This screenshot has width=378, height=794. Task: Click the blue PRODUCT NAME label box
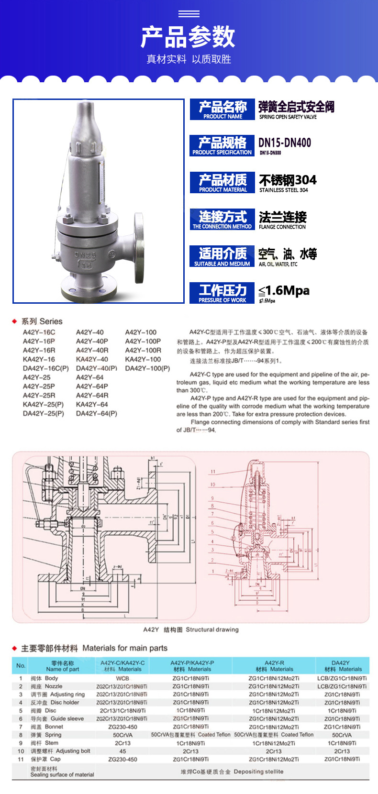tap(222, 110)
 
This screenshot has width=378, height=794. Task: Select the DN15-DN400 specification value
tap(285, 143)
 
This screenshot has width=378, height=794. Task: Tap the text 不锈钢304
tap(288, 180)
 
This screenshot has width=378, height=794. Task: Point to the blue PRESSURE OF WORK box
tap(222, 293)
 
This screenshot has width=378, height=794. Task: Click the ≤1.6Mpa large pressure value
tap(284, 291)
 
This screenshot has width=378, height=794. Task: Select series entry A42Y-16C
tap(39, 332)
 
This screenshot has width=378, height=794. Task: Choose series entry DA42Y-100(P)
tap(147, 368)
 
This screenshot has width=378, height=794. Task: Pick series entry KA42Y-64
tap(92, 404)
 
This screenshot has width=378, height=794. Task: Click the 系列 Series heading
tap(42, 321)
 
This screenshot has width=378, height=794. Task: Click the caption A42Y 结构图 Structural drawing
tap(190, 629)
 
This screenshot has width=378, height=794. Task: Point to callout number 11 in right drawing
tap(213, 472)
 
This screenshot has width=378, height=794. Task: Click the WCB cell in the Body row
tap(122, 678)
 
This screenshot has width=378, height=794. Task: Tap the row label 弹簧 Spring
tap(46, 735)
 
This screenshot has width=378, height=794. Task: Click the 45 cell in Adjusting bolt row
tap(122, 751)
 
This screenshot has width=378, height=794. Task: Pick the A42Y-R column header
tap(274, 666)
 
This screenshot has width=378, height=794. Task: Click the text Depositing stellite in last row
tap(258, 772)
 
